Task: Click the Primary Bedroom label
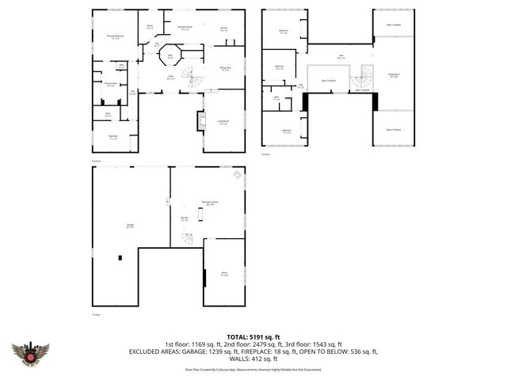point(115,36)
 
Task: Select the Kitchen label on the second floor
point(224,29)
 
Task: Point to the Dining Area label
point(224,69)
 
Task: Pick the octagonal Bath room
point(170,57)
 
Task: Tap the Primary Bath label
point(110,84)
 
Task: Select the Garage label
point(129,226)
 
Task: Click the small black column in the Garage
point(120,257)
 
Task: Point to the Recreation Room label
point(209,203)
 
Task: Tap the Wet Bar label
point(184,219)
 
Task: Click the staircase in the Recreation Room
point(186,239)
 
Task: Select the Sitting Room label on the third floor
point(393,76)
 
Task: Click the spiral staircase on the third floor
point(362,78)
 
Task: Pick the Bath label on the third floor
point(277,99)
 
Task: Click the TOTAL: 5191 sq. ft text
point(253,336)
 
